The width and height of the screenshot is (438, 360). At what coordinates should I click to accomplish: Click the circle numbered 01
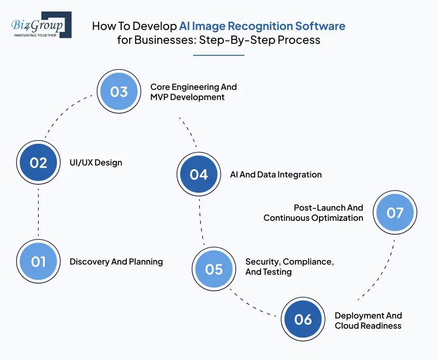coord(38,261)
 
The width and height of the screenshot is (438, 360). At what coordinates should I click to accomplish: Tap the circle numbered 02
coord(38,162)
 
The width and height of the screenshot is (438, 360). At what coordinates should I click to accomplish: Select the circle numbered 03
coord(118,91)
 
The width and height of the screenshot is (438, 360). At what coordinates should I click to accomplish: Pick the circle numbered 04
coord(199,174)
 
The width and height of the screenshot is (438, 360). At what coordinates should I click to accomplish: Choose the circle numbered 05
coord(214,269)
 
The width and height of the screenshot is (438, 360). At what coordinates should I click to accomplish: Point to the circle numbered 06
coord(303,319)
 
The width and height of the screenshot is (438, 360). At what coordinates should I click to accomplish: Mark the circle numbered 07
coord(395,212)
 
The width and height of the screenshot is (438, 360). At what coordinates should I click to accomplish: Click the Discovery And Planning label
coord(116,262)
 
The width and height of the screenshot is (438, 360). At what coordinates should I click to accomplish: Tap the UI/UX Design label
coord(96,162)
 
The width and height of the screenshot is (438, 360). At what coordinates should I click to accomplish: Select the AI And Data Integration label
coord(276,175)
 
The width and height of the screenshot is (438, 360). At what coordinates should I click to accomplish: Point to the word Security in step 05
coord(262,262)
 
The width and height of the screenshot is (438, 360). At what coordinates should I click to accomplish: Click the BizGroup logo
coord(41,24)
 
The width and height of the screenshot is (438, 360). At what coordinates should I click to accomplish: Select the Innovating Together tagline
coord(36,35)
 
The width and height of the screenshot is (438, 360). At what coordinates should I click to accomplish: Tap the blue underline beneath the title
coord(218,55)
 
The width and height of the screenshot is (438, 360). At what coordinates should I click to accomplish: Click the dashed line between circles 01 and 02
coord(38,212)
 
